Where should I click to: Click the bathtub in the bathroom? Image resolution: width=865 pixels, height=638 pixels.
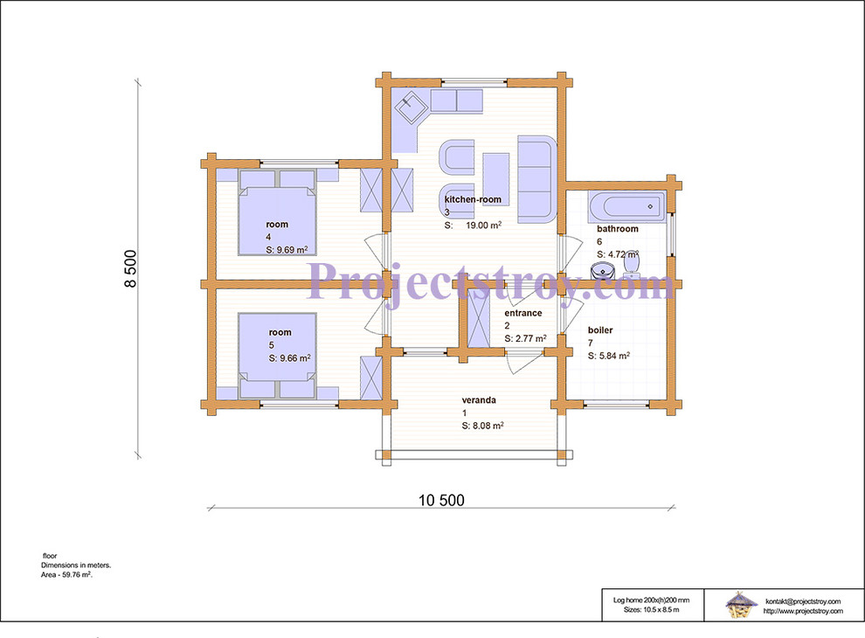[x=626, y=206]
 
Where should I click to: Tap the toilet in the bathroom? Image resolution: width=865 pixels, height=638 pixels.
[x=631, y=265]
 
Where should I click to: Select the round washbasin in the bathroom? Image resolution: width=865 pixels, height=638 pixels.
[x=603, y=271]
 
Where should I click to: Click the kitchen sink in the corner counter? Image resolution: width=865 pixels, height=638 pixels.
[x=411, y=107]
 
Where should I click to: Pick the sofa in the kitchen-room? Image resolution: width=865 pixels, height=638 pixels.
[x=536, y=179]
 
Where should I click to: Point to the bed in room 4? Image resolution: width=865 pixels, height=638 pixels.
[x=277, y=213]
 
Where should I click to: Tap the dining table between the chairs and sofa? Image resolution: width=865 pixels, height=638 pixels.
[x=496, y=179]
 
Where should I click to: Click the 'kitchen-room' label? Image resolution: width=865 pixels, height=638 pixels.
[x=473, y=199]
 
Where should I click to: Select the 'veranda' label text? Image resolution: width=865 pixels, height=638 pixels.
[x=479, y=400]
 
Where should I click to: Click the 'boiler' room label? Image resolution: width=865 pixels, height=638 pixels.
[x=600, y=330]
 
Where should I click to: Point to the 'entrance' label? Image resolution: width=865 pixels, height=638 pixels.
[x=523, y=313]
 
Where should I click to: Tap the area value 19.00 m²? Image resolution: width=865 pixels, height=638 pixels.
[x=484, y=225]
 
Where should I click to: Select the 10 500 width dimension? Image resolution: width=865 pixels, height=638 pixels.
[x=441, y=501]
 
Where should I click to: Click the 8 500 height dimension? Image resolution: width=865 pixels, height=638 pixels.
[x=130, y=269]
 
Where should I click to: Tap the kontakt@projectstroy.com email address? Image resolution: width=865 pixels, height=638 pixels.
[x=803, y=601]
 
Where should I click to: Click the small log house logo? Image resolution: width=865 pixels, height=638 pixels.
[x=740, y=605]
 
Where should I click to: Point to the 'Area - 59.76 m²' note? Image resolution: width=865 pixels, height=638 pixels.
[x=66, y=574]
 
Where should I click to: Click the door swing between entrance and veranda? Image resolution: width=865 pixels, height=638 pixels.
[x=524, y=364]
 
